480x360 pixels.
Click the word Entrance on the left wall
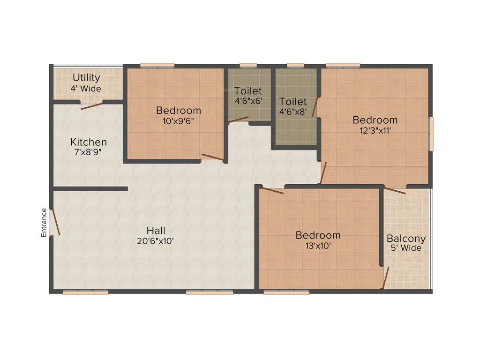[x=44, y=222]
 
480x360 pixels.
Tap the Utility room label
[x=86, y=77]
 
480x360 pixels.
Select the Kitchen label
[x=89, y=142]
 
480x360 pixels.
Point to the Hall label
[x=156, y=230]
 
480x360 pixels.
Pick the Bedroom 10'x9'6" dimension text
[x=178, y=120]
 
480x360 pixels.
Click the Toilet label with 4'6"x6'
[x=248, y=90]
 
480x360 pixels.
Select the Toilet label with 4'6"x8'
[x=293, y=102]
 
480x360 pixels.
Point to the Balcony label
[x=406, y=238]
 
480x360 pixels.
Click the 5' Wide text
[x=406, y=248]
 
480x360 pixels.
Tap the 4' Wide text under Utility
[x=86, y=88]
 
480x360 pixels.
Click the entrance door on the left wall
[x=55, y=222]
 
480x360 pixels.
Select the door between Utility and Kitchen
[x=91, y=105]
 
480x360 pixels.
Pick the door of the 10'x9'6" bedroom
[x=212, y=157]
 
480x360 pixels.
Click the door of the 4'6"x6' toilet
[x=238, y=119]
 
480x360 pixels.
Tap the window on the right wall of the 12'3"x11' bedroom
[x=431, y=134]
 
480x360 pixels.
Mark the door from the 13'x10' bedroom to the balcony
[x=385, y=278]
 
